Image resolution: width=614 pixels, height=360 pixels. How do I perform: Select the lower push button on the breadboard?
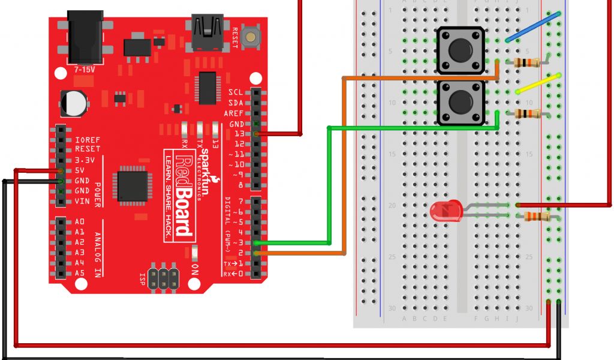click(x=460, y=103)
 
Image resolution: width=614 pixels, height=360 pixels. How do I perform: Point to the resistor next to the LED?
click(x=538, y=217)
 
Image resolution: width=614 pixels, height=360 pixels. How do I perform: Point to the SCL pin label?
click(x=236, y=92)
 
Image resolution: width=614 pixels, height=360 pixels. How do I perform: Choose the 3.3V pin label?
click(x=85, y=160)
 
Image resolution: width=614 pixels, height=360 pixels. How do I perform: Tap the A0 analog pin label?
click(x=79, y=221)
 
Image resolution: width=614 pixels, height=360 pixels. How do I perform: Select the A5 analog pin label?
click(x=79, y=273)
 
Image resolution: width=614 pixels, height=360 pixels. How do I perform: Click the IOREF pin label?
click(x=88, y=140)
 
